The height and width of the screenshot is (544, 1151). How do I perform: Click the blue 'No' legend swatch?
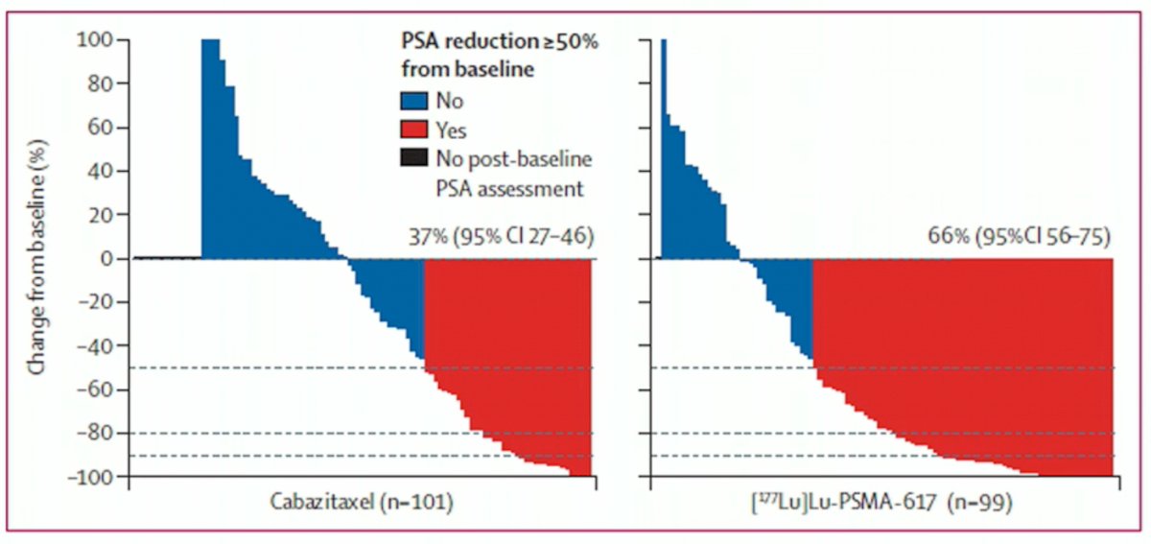tap(413, 101)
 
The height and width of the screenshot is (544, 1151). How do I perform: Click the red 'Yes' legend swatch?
tap(413, 130)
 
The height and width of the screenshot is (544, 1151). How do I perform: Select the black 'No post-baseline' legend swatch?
tap(413, 158)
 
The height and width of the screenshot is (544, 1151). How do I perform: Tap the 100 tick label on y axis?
tap(95, 39)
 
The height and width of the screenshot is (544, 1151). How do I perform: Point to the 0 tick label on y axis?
tap(106, 259)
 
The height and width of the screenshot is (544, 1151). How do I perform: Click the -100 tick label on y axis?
tap(90, 477)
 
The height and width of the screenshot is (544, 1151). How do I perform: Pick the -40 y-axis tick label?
tap(96, 345)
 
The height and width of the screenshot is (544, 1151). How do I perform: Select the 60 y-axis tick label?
tap(101, 127)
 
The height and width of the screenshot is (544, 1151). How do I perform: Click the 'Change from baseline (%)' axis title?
tap(37, 257)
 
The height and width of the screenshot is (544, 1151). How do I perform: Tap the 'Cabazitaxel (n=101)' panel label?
tap(362, 502)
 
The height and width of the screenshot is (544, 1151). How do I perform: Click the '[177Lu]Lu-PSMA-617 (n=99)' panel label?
tap(881, 503)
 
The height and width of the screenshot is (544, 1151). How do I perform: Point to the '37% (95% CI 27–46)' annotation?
tap(502, 237)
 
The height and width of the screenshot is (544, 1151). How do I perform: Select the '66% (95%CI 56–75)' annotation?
tap(1019, 237)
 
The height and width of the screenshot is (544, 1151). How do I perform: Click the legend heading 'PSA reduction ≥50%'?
tap(500, 41)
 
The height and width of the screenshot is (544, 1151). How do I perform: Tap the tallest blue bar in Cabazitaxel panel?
tap(210, 149)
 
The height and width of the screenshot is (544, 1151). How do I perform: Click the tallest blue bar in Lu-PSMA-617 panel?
tap(664, 149)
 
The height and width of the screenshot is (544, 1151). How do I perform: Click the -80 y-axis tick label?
tap(96, 433)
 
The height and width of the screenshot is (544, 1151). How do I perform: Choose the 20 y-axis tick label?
tap(101, 214)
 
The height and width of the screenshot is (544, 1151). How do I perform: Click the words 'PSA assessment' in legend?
tap(509, 189)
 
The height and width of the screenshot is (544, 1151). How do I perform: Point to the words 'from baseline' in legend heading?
tap(468, 69)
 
